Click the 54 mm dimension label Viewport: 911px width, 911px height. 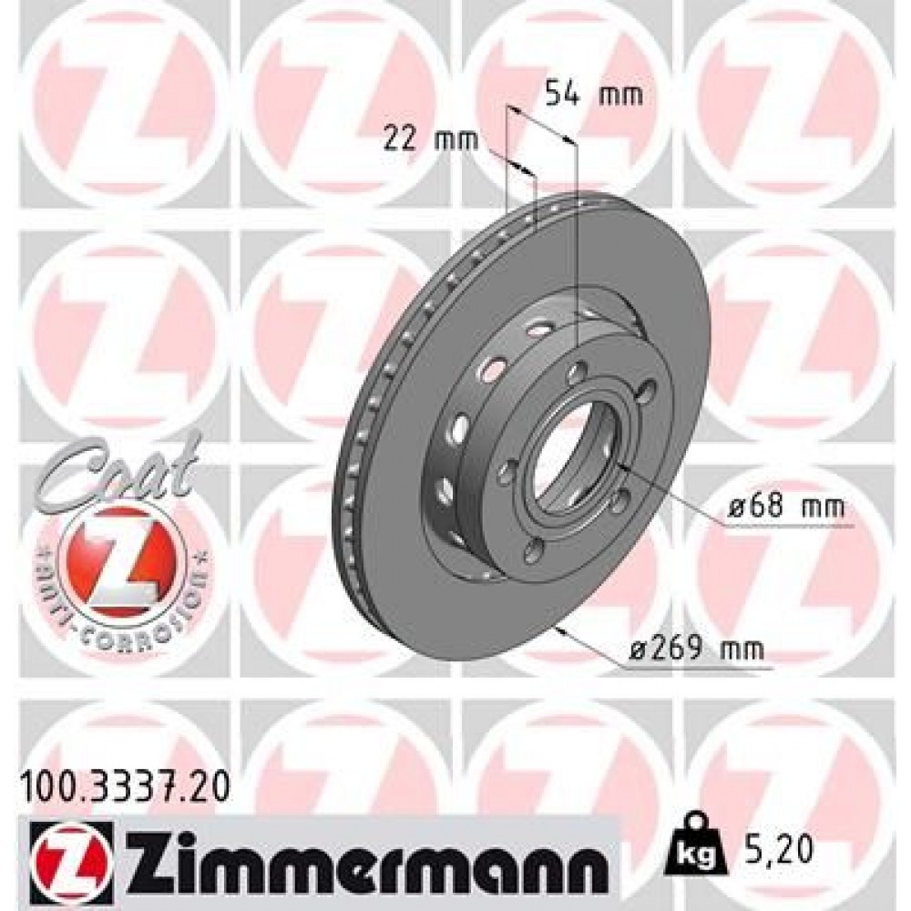click(593, 94)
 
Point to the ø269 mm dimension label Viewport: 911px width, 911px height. click(698, 651)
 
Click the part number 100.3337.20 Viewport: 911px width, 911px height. click(124, 782)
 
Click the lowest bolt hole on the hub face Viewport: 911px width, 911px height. click(533, 548)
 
